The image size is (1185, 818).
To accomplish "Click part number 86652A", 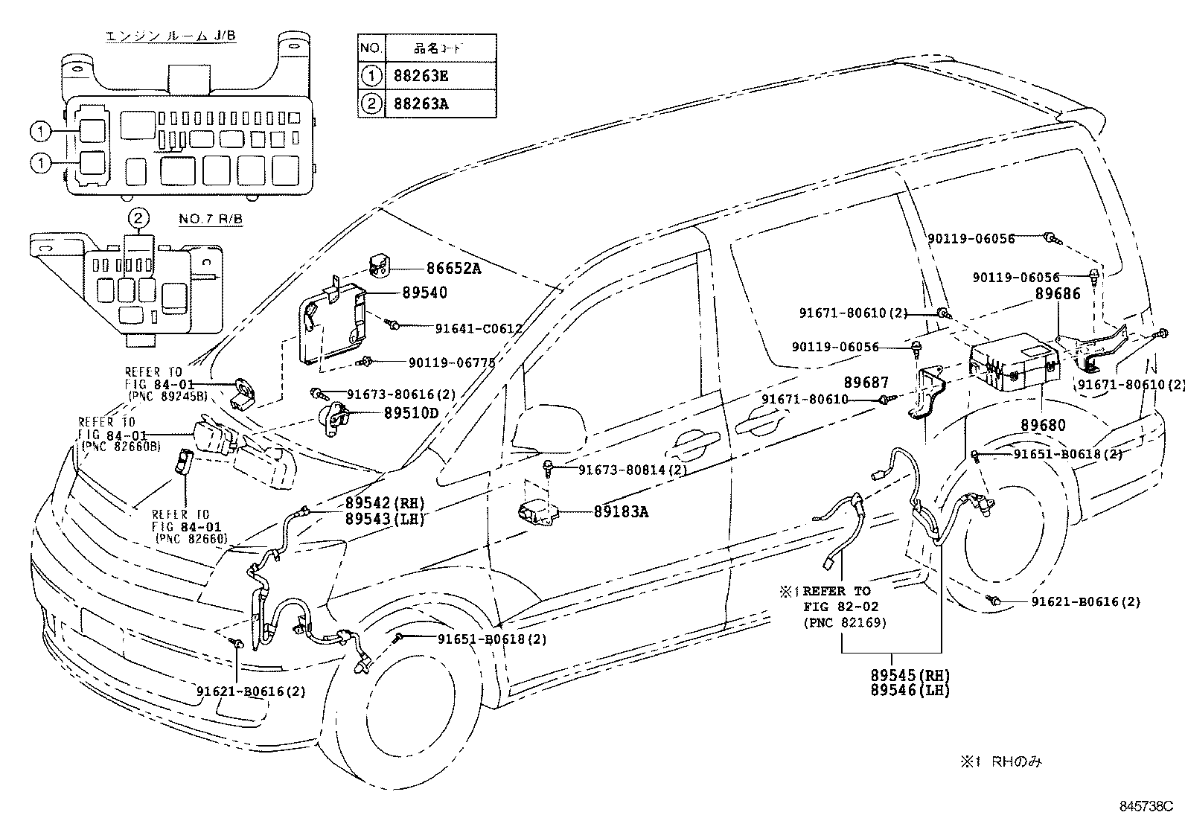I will point(453,269).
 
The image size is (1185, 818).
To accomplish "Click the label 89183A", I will point(621,511).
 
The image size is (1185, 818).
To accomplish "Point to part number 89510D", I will point(411,413).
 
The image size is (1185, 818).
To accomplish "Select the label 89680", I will point(1042,426).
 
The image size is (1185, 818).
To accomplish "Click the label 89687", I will point(866,383).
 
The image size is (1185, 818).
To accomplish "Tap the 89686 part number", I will point(1058,295).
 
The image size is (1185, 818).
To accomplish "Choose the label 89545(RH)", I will point(910,676).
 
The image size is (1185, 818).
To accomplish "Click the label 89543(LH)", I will point(384,520).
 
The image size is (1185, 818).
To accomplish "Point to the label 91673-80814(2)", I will point(633,470).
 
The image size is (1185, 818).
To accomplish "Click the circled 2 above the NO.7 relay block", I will point(139,217).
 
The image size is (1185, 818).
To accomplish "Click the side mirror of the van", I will point(534,429).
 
